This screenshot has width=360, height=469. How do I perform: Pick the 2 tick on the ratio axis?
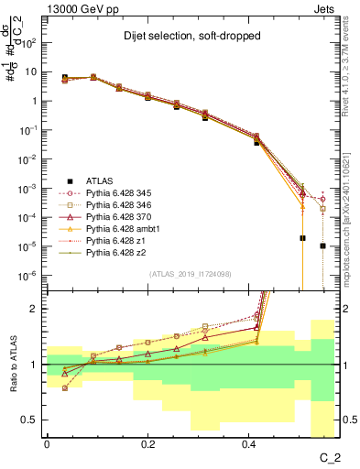coord(35,309)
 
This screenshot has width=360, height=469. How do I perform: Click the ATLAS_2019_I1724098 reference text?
coord(191,274)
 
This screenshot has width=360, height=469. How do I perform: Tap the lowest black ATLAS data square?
coord(322,245)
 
